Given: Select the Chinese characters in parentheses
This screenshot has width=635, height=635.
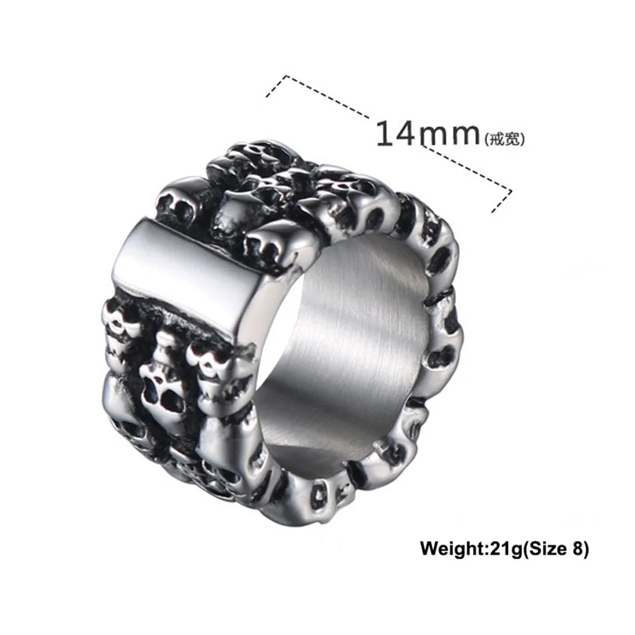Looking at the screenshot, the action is (505, 140).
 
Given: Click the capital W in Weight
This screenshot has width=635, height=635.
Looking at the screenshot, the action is (429, 549).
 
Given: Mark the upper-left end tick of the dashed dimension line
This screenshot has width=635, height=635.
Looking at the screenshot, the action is (276, 86).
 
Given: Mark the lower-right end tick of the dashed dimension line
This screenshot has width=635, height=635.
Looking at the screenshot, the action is (502, 201).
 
